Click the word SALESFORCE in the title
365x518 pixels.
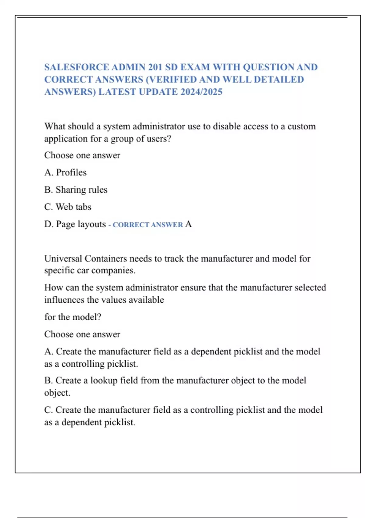(76, 67)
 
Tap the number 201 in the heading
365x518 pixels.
(155, 67)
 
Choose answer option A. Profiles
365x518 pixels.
(65, 172)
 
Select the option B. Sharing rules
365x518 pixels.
(76, 190)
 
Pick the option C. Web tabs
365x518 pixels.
(68, 207)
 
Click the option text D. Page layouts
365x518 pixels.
(75, 224)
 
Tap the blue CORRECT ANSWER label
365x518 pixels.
(148, 225)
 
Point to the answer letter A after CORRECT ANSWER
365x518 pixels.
(188, 224)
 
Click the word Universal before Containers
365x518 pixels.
(63, 258)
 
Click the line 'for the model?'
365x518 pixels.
(73, 317)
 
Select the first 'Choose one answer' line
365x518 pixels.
(82, 155)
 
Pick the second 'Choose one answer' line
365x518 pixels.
(82, 334)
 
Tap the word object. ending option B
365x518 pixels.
(57, 393)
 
